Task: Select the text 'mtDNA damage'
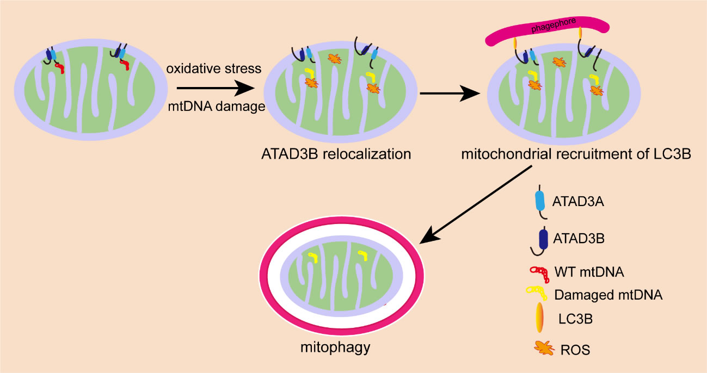tap(216, 107)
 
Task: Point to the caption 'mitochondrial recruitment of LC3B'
tap(576, 154)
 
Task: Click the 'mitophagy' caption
tap(335, 346)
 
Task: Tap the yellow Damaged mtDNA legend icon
tap(540, 294)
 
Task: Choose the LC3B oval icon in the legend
tap(540, 318)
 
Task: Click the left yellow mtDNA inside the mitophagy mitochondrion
tap(312, 256)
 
